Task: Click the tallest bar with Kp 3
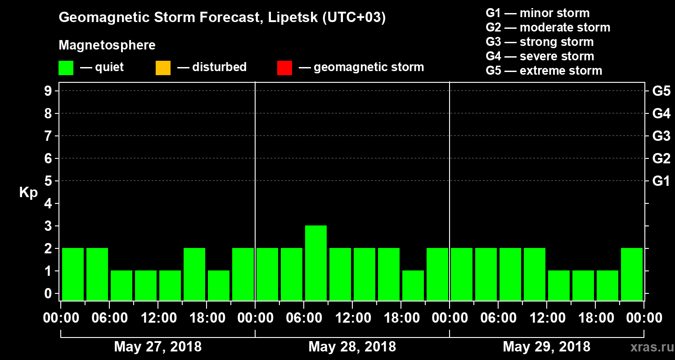(x=315, y=263)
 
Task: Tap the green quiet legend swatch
(x=66, y=68)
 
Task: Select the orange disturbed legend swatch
(x=163, y=68)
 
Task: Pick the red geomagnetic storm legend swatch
(x=284, y=68)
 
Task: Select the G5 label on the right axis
(x=661, y=91)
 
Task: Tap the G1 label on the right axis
(x=661, y=181)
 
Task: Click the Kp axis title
(x=28, y=193)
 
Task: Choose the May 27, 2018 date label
(x=158, y=347)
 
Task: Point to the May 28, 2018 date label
(x=352, y=347)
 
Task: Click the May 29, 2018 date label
(x=546, y=347)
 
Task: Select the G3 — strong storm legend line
(x=540, y=42)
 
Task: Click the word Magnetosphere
(x=107, y=45)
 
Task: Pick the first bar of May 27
(x=73, y=274)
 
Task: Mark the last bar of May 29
(x=632, y=274)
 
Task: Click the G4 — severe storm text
(x=540, y=56)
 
